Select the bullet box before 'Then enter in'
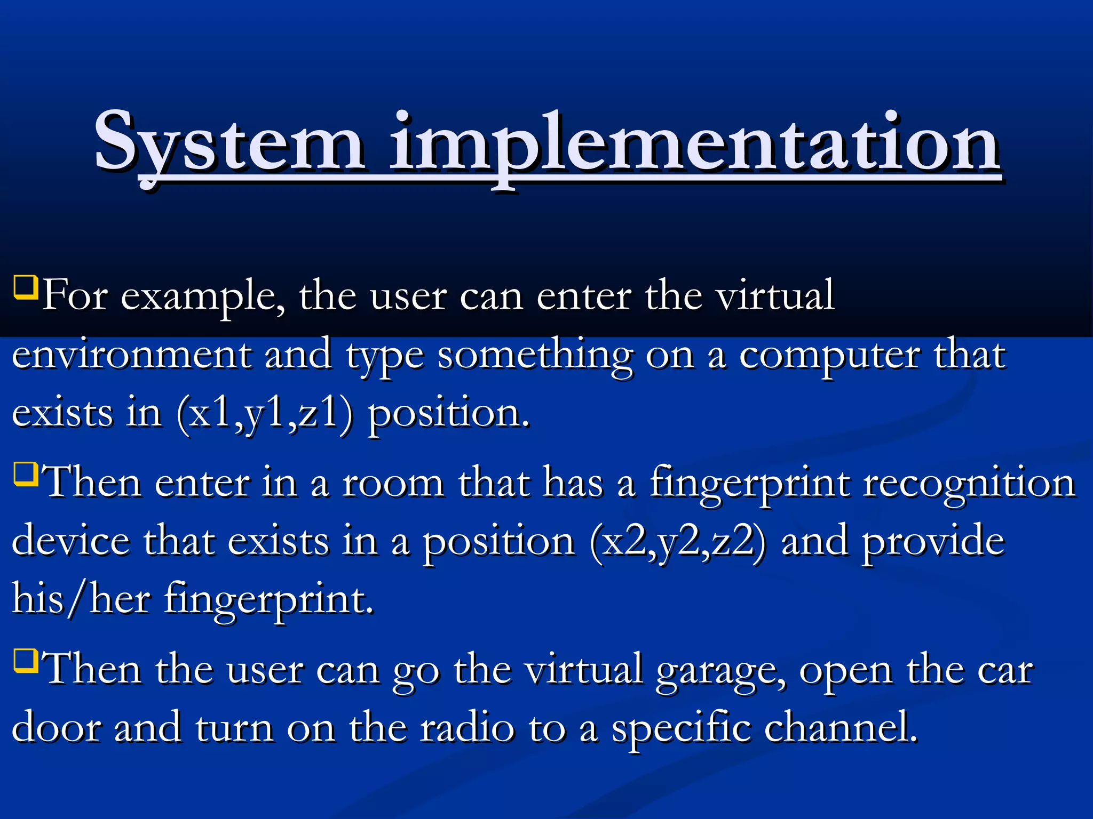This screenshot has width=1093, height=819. click(x=26, y=474)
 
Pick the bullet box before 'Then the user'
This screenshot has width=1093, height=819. click(x=26, y=661)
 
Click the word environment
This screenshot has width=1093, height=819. click(x=131, y=355)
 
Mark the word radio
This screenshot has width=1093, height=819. click(x=467, y=727)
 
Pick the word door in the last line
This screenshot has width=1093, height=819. click(x=57, y=727)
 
